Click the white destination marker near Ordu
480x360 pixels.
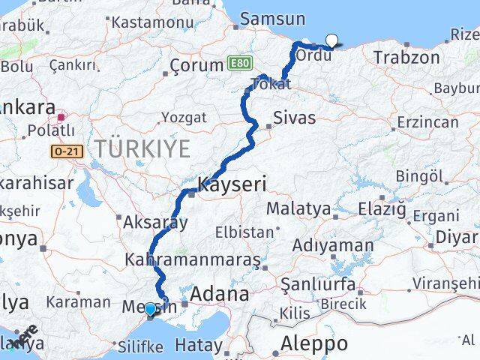[x=331, y=41]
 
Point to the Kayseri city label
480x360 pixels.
[x=232, y=184]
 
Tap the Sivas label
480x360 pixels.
[x=294, y=118]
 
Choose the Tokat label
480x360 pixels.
[x=271, y=85]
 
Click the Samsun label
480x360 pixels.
[x=273, y=19]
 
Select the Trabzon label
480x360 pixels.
[x=406, y=58]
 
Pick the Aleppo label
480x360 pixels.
[x=314, y=344]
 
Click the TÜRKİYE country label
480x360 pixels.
[x=142, y=149]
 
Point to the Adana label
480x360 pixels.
[x=220, y=294]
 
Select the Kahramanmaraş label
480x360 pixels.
[x=193, y=260]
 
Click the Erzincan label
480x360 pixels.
[x=427, y=121]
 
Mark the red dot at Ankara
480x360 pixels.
[x=61, y=117]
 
